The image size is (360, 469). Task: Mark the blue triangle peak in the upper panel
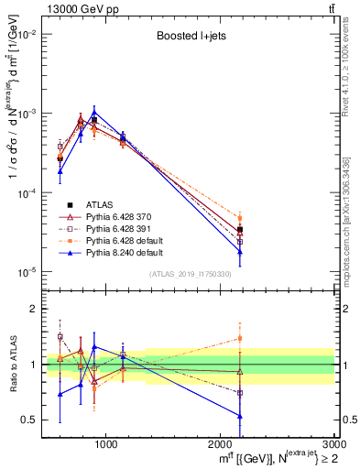(93, 113)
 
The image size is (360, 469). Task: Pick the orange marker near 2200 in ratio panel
(240, 338)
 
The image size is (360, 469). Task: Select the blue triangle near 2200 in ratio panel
(240, 416)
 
